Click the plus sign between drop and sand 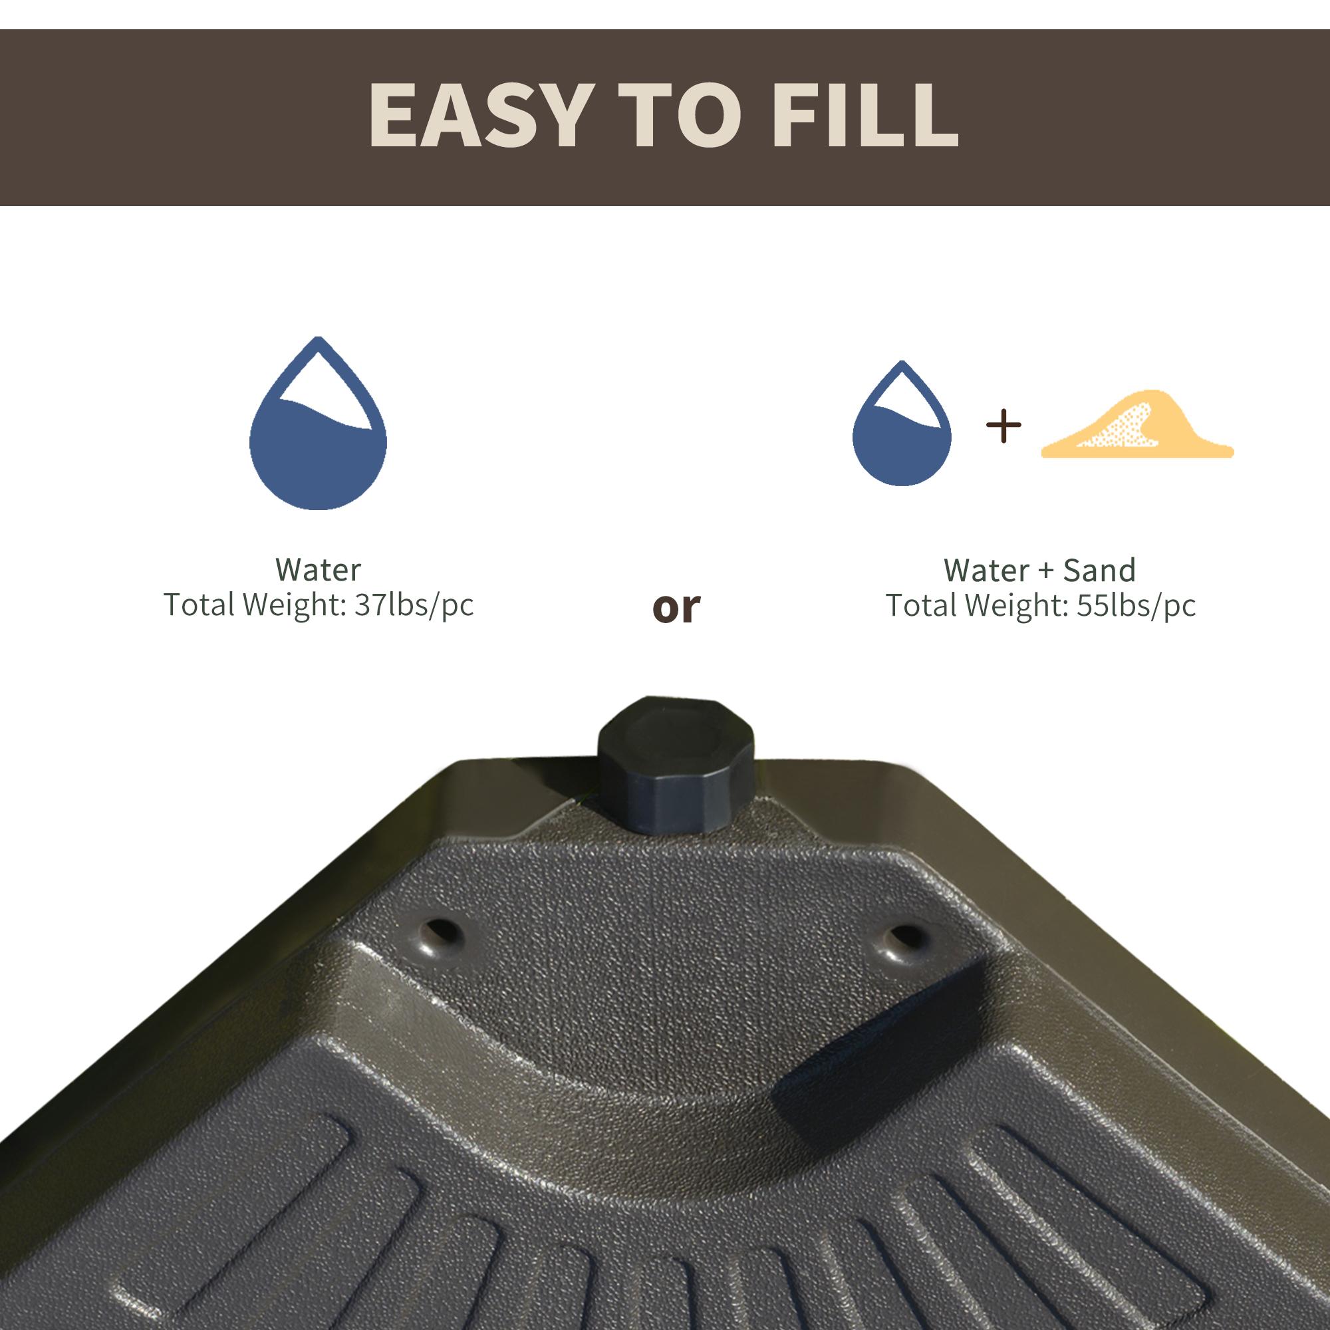[x=1003, y=426]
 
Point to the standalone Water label [x=317, y=570]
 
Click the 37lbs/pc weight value [x=414, y=606]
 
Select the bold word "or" [x=676, y=607]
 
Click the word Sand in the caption [x=1099, y=571]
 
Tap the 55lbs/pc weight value [x=1136, y=606]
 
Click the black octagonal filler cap [x=676, y=764]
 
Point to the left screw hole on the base [x=443, y=935]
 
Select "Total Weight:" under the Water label [x=255, y=606]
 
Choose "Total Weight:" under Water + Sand [x=978, y=606]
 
